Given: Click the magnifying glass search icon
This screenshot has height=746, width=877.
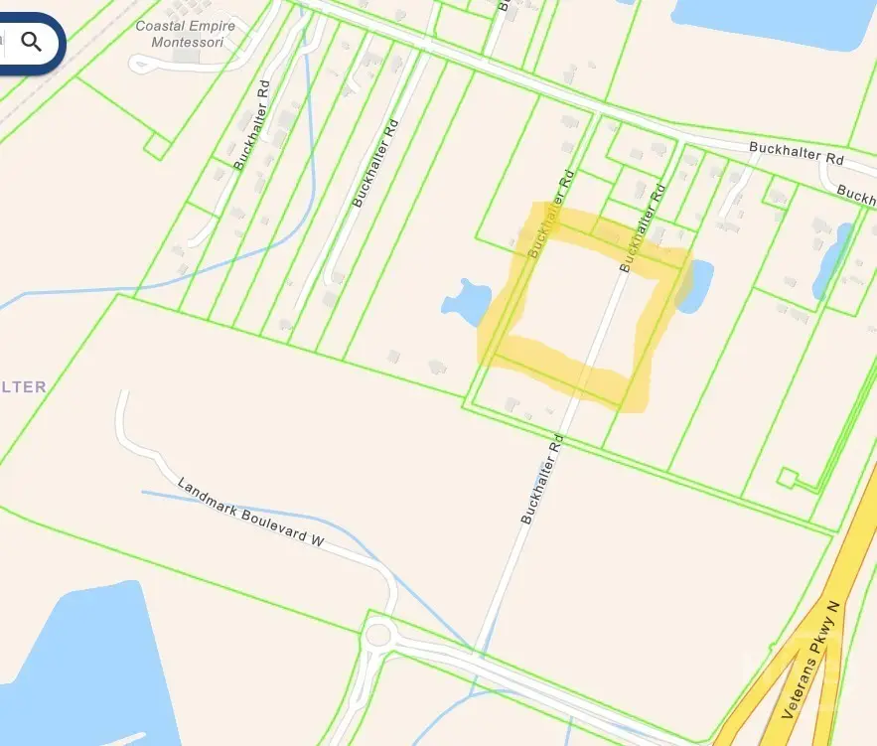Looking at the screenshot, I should coord(32,42).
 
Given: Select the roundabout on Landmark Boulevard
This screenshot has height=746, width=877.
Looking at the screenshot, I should coord(377,634).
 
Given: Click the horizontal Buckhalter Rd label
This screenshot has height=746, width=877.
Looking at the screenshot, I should coord(796,153).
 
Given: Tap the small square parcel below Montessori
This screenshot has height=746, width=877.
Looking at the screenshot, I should coord(157,147).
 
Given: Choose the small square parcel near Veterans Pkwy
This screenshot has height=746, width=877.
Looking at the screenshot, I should coord(787,479).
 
